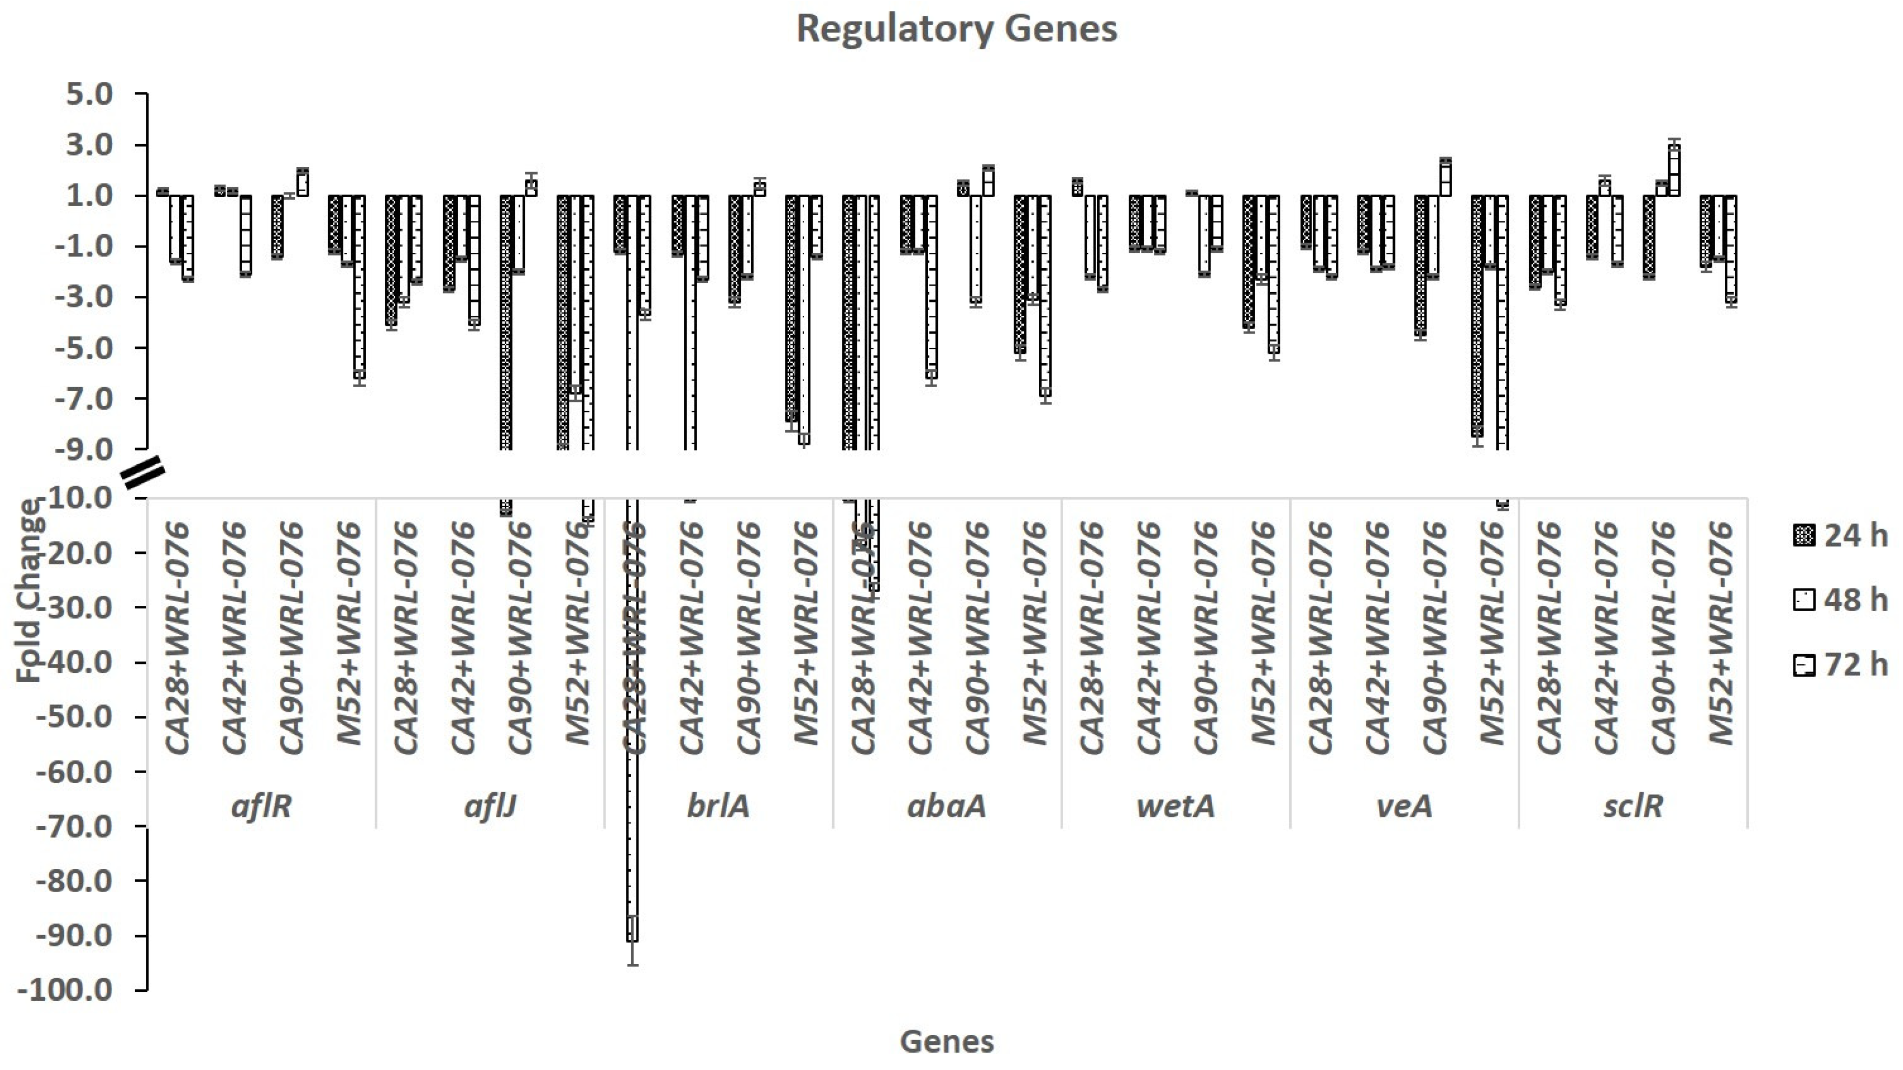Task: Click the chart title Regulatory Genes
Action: click(957, 29)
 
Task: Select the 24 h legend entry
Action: click(1840, 535)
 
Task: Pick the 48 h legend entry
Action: click(1840, 600)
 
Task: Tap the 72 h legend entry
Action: click(1840, 665)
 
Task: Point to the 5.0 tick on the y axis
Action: click(89, 94)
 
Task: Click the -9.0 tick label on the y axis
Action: click(85, 450)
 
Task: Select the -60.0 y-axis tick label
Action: click(74, 772)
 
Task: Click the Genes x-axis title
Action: click(947, 1042)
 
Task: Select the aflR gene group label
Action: click(262, 806)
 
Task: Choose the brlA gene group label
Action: click(718, 806)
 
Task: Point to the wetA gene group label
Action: click(1175, 806)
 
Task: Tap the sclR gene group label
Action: click(1632, 806)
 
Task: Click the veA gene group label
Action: click(1404, 806)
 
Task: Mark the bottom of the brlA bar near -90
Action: click(632, 940)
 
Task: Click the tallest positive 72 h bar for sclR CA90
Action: click(1674, 170)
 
